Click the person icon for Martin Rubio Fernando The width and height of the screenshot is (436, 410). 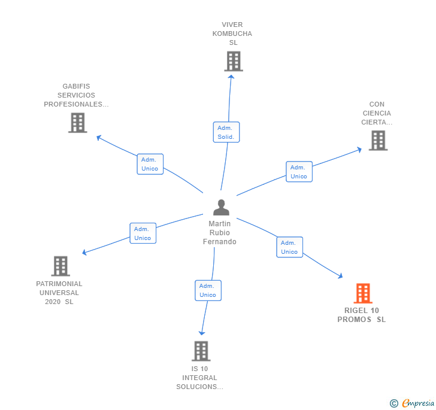221,207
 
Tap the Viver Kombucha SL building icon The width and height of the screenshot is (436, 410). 234,61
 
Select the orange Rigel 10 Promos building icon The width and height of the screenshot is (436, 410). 362,293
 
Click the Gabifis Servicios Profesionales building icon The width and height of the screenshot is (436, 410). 77,123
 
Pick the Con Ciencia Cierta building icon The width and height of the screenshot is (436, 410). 378,140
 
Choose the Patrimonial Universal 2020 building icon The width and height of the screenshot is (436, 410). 60,266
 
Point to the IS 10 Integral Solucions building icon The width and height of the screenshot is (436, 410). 201,351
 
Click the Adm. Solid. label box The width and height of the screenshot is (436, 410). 226,132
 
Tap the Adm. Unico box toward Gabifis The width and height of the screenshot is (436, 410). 150,164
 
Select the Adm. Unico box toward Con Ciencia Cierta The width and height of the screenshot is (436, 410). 299,172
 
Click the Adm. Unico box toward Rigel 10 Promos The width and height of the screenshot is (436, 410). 289,247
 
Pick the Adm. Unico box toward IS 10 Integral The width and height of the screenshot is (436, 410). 208,290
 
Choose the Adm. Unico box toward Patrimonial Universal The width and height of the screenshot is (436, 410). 143,233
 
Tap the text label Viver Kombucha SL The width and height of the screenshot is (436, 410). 232,34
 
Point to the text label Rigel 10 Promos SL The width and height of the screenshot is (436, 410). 362,315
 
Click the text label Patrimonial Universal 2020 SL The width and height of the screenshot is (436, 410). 59,293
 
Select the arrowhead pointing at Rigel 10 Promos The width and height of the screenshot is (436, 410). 340,276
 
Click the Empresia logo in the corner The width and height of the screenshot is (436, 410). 413,403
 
